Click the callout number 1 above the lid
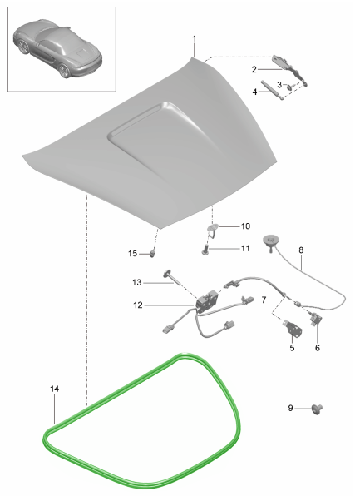(194, 39)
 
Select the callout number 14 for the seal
(55, 389)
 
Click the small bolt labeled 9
(317, 409)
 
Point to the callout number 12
(138, 305)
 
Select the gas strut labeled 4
(272, 90)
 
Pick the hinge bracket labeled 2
(289, 70)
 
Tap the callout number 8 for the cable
(301, 250)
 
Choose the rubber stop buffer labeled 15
(153, 253)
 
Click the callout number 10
(245, 226)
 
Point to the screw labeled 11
(205, 250)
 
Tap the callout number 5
(292, 348)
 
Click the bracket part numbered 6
(316, 318)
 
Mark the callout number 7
(264, 300)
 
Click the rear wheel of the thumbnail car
(65, 71)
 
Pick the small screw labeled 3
(290, 86)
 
